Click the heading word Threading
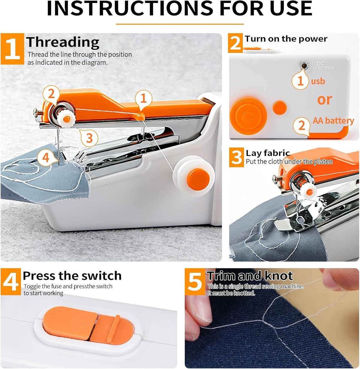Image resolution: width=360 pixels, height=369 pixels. [63, 42]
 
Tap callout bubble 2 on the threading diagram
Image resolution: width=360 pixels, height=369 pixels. [51, 94]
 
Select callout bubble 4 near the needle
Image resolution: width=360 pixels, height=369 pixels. [46, 157]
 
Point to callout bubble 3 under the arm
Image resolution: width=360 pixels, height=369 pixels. [89, 138]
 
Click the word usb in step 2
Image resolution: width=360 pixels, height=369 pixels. [318, 81]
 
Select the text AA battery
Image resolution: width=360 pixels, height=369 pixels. [333, 121]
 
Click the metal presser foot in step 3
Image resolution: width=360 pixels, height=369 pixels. [295, 222]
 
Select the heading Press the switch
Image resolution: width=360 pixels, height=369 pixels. [72, 275]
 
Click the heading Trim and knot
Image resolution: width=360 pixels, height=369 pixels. [250, 276]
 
